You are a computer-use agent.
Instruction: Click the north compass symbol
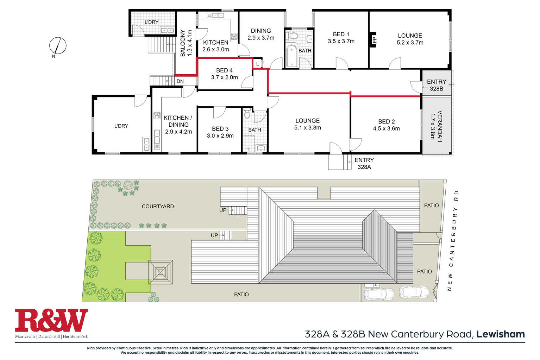[x=58, y=46]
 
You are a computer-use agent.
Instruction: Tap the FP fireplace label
[x=375, y=39]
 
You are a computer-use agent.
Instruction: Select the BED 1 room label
[x=341, y=34]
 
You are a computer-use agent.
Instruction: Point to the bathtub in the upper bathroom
[x=292, y=56]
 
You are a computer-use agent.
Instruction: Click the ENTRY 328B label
[x=437, y=85]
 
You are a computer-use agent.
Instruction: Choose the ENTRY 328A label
[x=364, y=163]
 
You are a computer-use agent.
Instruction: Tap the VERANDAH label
[x=440, y=126]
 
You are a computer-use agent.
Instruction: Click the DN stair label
[x=180, y=81]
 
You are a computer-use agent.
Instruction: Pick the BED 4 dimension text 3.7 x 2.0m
[x=225, y=77]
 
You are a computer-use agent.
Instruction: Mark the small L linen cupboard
[x=257, y=64]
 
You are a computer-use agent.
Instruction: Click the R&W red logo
[x=51, y=320]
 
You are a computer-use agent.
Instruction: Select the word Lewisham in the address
[x=501, y=334]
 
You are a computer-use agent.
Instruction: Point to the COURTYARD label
[x=158, y=206]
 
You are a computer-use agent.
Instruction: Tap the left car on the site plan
[x=379, y=294]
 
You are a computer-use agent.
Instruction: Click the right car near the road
[x=414, y=292]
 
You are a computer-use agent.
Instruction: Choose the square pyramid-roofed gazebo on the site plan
[x=161, y=272]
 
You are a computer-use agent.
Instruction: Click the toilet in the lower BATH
[x=247, y=113]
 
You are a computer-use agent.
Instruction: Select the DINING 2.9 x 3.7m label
[x=261, y=34]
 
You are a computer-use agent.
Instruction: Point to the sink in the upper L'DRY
[x=167, y=30]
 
